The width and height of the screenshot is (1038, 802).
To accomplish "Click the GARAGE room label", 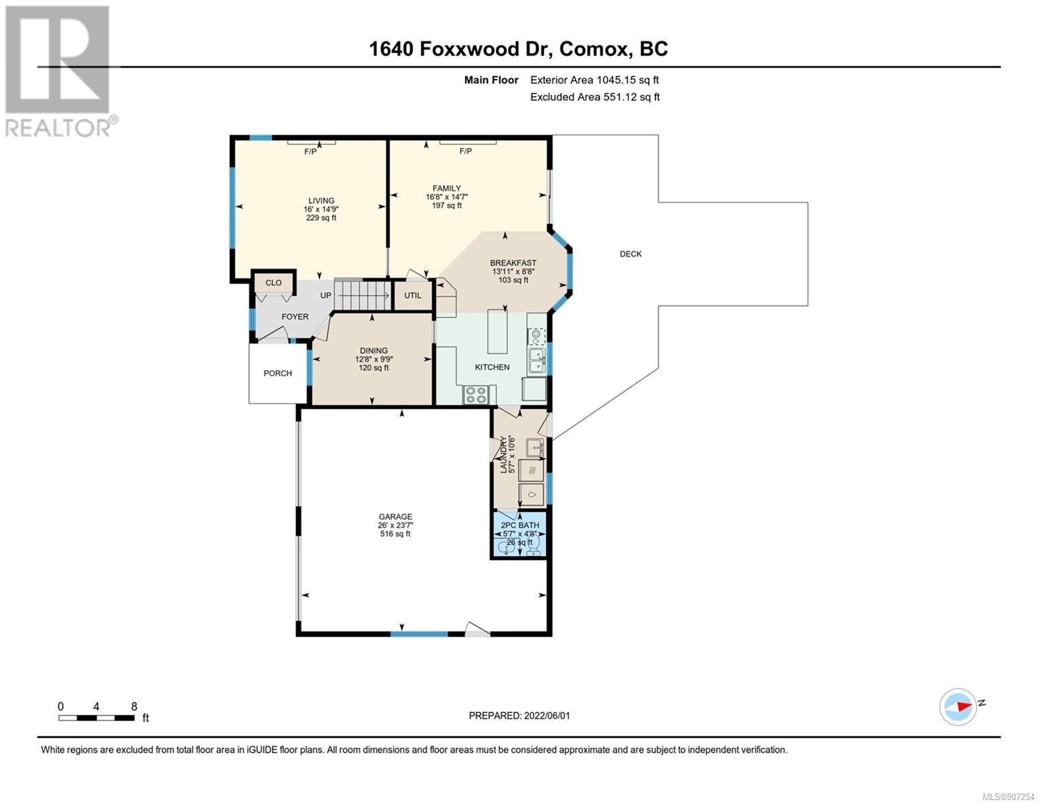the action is coord(395,517).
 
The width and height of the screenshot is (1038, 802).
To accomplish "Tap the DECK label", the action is coord(630,254).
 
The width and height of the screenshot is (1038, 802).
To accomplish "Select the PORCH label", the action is coord(277,374).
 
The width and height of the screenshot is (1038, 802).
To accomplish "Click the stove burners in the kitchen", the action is coord(476,395).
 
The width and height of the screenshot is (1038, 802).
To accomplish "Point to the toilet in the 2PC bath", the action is coord(534,545).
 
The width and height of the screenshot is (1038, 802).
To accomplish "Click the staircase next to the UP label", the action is coord(362,295).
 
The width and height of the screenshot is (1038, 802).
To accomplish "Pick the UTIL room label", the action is coord(412,295).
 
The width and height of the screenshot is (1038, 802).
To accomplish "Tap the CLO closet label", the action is coord(273,283).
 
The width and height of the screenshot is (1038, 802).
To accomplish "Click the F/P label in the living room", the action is coord(310,152).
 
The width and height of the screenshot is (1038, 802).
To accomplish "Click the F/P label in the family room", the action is coord(465,152).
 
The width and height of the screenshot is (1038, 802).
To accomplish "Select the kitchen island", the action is coord(497,331).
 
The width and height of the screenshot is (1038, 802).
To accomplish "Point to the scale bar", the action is coord(96,717).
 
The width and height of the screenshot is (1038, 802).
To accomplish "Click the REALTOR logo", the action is coord(59,72).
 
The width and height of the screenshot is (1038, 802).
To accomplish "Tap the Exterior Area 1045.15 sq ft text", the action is coord(594,80).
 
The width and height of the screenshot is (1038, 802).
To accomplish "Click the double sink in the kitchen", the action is coord(537,361).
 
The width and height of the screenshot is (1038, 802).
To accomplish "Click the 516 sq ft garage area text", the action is coord(395,533).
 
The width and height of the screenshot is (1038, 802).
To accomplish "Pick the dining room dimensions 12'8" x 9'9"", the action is coord(374,359).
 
